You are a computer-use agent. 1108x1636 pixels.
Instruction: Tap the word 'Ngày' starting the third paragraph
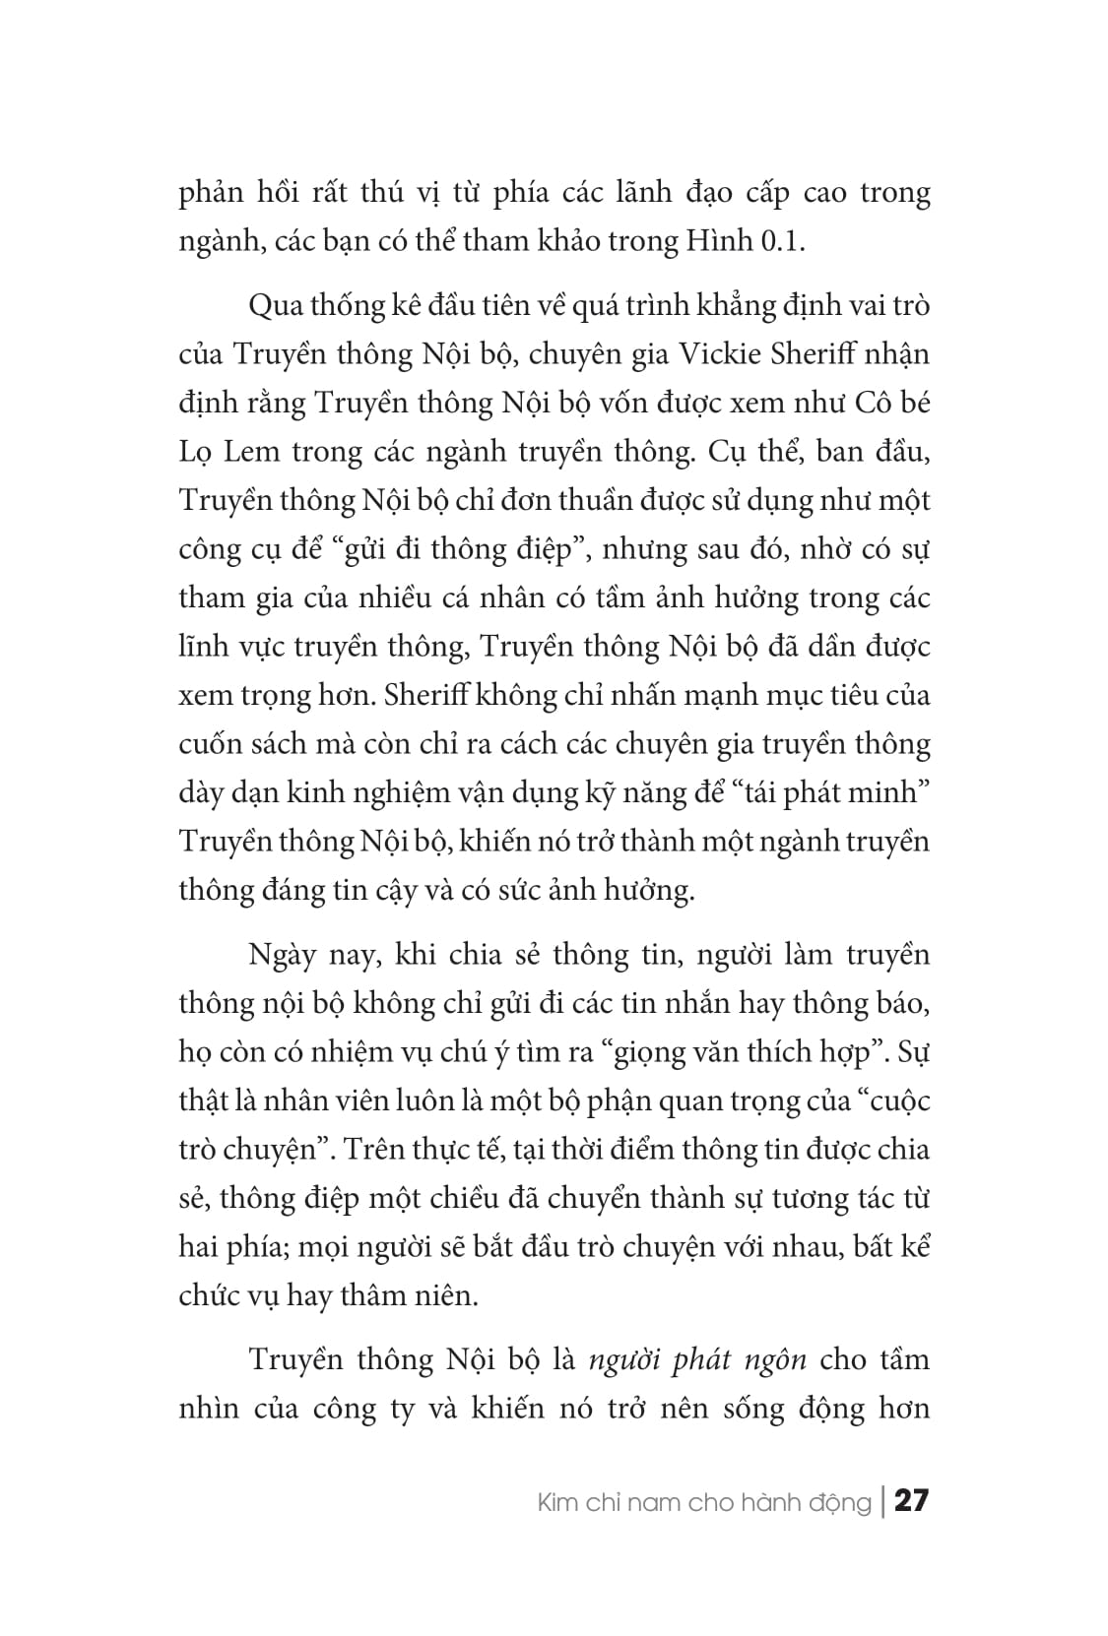click(x=283, y=955)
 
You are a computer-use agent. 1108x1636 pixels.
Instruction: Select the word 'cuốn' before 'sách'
click(x=210, y=744)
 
